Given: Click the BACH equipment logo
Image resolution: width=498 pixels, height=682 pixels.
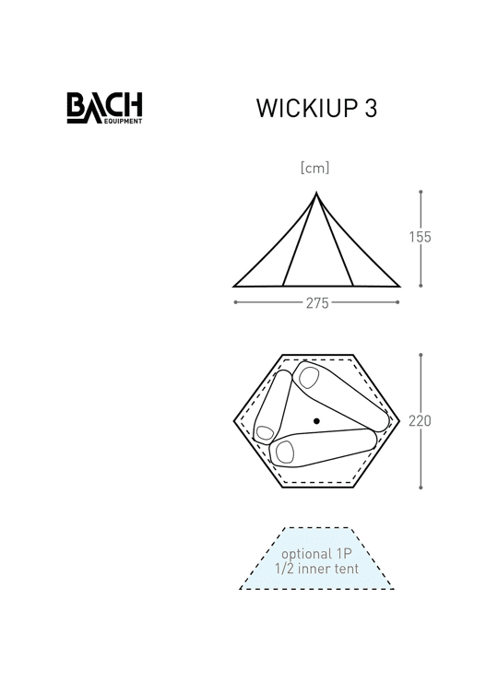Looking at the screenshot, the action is point(104,108).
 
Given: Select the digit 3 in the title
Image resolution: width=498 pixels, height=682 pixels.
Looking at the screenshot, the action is point(371,108).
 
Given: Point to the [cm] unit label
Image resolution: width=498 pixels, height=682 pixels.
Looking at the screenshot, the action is point(314,168).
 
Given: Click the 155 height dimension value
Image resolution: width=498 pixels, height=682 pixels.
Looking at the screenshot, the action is point(421,237).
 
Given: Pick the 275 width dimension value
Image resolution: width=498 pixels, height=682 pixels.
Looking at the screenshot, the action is point(317,303).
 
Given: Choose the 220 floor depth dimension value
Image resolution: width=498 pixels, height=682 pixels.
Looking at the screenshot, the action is point(420,421).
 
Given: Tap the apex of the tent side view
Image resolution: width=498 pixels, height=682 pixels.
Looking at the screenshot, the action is point(316,193).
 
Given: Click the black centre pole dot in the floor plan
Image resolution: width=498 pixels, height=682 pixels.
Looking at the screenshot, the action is point(316,421).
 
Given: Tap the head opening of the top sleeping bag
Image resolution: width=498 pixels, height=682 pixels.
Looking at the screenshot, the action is point(309,378).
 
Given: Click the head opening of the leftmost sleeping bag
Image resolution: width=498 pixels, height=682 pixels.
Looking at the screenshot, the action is point(265,433).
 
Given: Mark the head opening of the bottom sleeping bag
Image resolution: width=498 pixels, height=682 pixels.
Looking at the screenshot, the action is point(285,452).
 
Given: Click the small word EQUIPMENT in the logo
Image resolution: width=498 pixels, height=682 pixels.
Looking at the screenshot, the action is point(123,122).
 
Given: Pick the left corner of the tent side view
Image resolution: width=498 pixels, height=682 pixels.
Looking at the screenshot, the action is point(233,287).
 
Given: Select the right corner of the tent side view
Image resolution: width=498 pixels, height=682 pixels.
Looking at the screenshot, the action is point(399,287).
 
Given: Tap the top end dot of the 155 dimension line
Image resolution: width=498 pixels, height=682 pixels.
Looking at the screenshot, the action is point(421,192).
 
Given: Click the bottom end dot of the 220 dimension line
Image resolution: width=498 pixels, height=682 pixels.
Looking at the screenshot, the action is point(421,488).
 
